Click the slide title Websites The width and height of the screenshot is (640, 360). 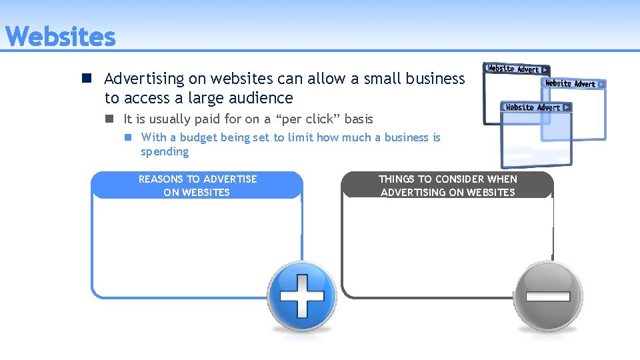click(61, 37)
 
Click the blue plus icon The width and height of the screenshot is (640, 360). click(302, 296)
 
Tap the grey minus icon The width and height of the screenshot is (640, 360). click(547, 296)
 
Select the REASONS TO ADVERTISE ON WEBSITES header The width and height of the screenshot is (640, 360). click(197, 185)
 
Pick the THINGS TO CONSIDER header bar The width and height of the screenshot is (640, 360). click(447, 185)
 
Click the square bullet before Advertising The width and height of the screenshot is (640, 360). click(87, 79)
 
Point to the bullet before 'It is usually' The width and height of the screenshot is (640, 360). click(109, 119)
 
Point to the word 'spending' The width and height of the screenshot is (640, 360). click(165, 152)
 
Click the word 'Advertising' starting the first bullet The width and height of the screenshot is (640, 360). click(144, 79)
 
